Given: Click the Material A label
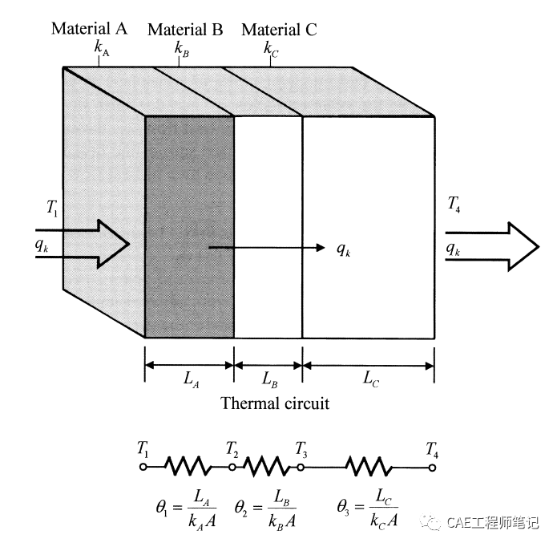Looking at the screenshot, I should pos(89,29).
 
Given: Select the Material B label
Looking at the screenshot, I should pos(185,30).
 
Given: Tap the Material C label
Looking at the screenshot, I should pos(279,30).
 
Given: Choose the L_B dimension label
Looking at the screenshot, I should pos(268,380).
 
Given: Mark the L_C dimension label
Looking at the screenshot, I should pos(369,380).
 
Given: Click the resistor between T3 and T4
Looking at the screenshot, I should pos(369,466).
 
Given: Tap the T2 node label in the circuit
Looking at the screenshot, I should pos(232,448).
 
